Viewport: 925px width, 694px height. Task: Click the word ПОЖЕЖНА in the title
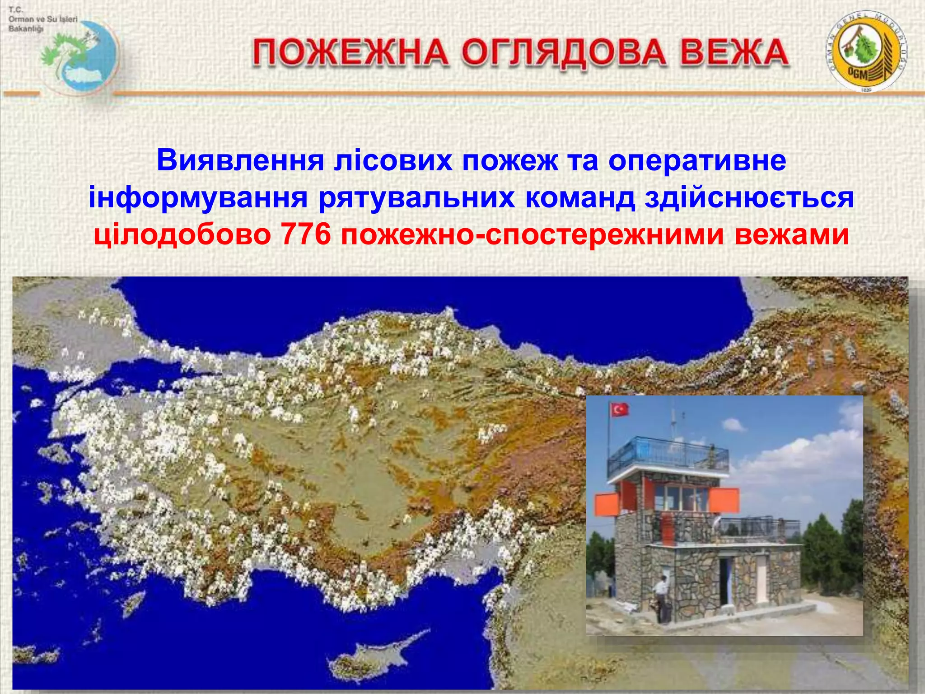[350, 53]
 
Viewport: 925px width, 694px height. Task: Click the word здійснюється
[749, 198]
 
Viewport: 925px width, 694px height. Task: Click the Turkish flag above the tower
[620, 410]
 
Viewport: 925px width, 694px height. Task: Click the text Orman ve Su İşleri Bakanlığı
[43, 19]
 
